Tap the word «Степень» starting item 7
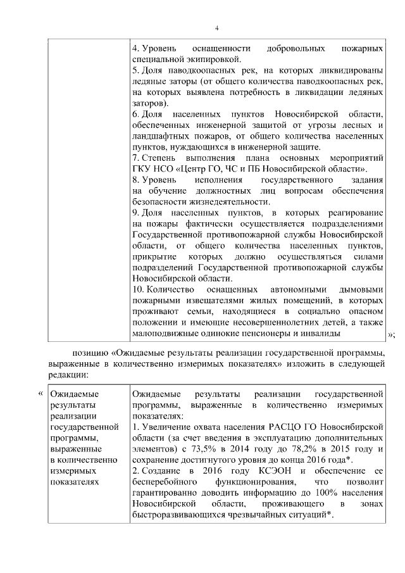tap(159, 157)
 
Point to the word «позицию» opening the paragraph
tap(87, 353)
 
